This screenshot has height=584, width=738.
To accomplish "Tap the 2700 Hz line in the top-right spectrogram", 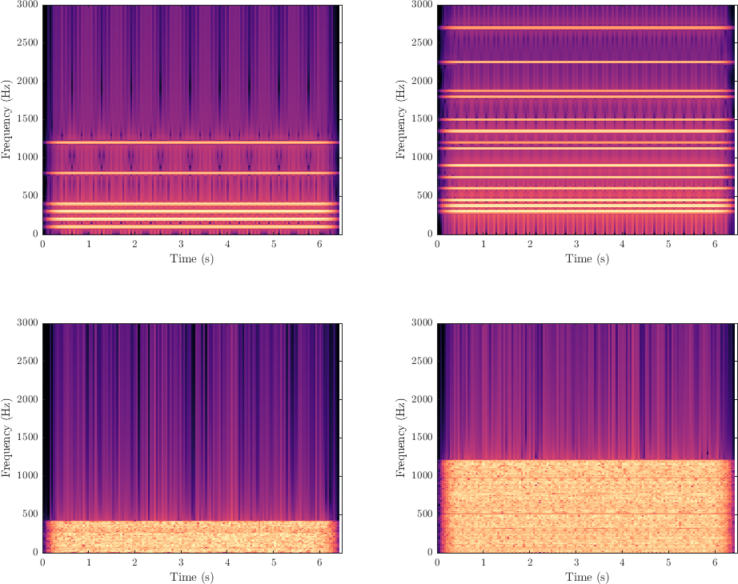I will (x=585, y=28).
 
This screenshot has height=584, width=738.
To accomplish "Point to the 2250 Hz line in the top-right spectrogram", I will (x=585, y=62).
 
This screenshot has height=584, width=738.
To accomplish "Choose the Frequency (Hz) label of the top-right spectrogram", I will (x=401, y=119).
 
